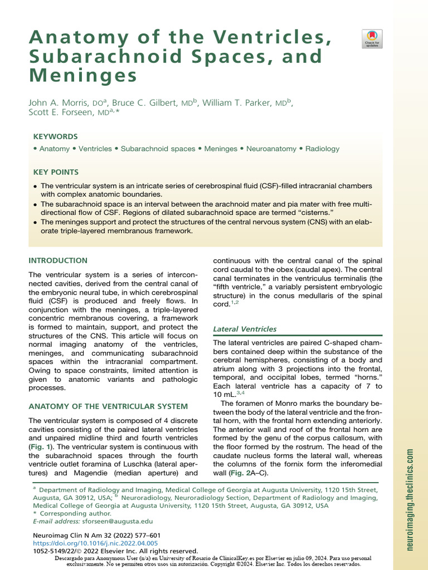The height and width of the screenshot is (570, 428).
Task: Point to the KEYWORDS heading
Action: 55,136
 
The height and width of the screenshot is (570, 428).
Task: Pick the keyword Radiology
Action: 322,149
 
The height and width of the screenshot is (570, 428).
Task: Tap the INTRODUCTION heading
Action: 58,261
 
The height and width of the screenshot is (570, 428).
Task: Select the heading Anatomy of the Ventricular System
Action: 108,406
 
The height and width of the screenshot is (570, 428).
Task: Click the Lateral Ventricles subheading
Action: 245,330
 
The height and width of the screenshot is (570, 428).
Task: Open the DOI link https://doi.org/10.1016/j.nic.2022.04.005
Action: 95,543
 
